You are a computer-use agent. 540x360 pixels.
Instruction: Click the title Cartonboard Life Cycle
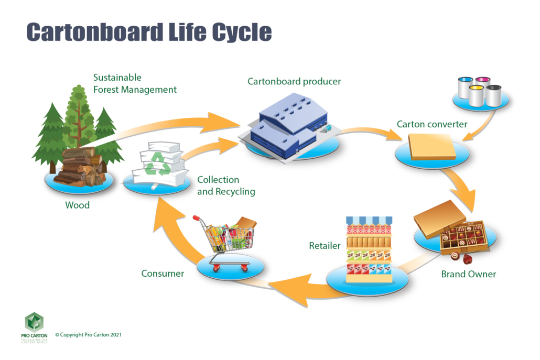[x=149, y=32]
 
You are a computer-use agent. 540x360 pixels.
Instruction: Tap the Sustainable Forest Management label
[x=135, y=83]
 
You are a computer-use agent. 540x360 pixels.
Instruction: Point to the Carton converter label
[x=431, y=124]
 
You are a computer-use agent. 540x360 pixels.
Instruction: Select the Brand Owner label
[x=468, y=274]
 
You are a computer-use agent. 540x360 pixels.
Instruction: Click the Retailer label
[x=325, y=245]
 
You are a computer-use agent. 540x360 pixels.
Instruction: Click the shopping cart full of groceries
[x=225, y=241]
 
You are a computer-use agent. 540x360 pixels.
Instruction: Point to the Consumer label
[x=163, y=273]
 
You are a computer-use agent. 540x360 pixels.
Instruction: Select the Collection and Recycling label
[x=226, y=186]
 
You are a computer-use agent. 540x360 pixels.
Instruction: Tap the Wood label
[x=77, y=205]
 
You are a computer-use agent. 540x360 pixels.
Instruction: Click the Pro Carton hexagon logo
[x=34, y=322]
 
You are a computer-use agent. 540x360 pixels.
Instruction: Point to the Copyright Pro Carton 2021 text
[x=88, y=334]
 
